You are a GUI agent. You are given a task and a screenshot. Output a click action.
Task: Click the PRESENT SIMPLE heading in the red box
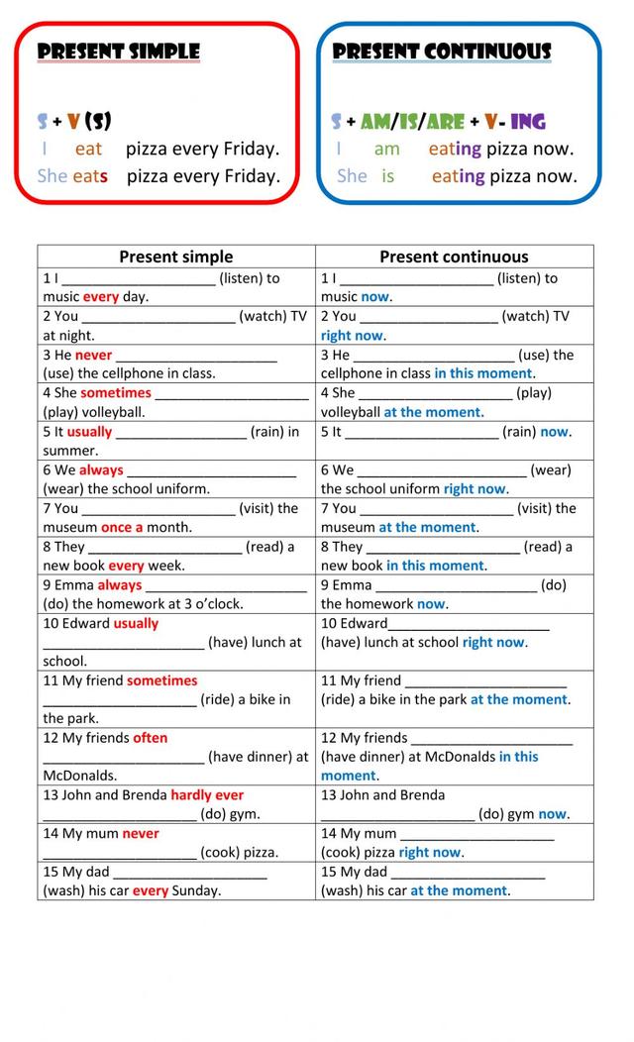pyautogui.click(x=119, y=52)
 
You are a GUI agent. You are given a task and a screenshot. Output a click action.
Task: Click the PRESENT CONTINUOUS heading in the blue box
pyautogui.click(x=442, y=52)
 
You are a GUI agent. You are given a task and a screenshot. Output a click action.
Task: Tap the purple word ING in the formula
pyautogui.click(x=528, y=122)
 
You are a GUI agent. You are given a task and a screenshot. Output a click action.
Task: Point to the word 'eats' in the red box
pyautogui.click(x=90, y=176)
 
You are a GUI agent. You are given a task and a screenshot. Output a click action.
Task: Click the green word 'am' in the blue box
pyautogui.click(x=386, y=150)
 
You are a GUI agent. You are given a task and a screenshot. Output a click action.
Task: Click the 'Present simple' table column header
pyautogui.click(x=176, y=257)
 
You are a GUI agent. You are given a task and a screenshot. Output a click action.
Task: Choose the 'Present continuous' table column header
pyautogui.click(x=454, y=257)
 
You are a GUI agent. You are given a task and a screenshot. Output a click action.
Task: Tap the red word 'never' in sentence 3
pyautogui.click(x=93, y=355)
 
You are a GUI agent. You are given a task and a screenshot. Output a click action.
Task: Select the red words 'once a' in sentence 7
pyautogui.click(x=122, y=527)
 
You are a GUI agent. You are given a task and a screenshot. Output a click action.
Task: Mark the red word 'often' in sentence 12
pyautogui.click(x=150, y=738)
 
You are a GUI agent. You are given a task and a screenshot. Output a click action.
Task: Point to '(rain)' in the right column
pyautogui.click(x=519, y=432)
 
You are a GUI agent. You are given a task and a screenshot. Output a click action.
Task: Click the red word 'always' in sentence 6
pyautogui.click(x=101, y=469)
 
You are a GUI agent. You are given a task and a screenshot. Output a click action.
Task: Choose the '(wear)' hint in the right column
pyautogui.click(x=551, y=469)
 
